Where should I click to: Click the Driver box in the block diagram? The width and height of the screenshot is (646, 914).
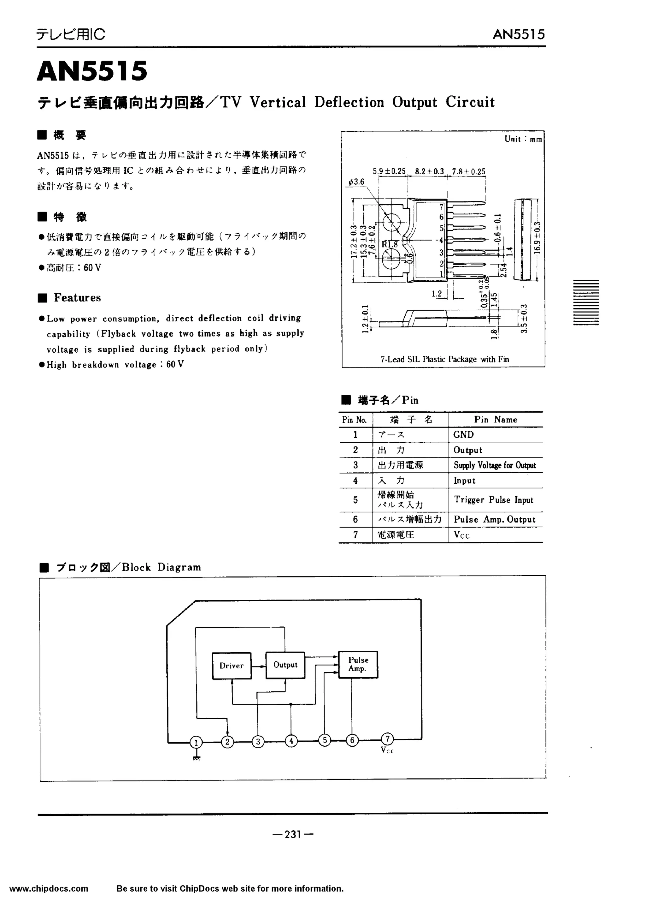(231, 665)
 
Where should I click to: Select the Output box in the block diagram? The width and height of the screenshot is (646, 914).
(285, 664)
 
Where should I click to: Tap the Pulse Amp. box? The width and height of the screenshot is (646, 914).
(358, 664)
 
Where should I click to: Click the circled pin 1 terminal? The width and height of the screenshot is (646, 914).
(196, 742)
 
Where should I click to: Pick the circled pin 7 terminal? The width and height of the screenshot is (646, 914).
(387, 739)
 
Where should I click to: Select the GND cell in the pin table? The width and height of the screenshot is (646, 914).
(464, 435)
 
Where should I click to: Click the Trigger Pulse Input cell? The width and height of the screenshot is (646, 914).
(493, 500)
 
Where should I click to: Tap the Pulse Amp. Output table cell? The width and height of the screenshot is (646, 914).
(495, 519)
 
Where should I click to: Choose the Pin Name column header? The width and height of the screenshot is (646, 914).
(495, 420)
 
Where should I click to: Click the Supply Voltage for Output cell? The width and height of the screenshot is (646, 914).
(495, 465)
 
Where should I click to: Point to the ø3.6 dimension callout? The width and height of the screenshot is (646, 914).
(356, 182)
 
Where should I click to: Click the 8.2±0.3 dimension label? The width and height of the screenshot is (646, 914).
(429, 171)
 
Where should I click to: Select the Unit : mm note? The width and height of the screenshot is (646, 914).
(523, 139)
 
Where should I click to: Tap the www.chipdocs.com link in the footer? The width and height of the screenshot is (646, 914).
(49, 888)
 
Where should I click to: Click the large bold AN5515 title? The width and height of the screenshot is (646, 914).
(92, 72)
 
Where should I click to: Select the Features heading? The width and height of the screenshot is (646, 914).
(77, 298)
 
